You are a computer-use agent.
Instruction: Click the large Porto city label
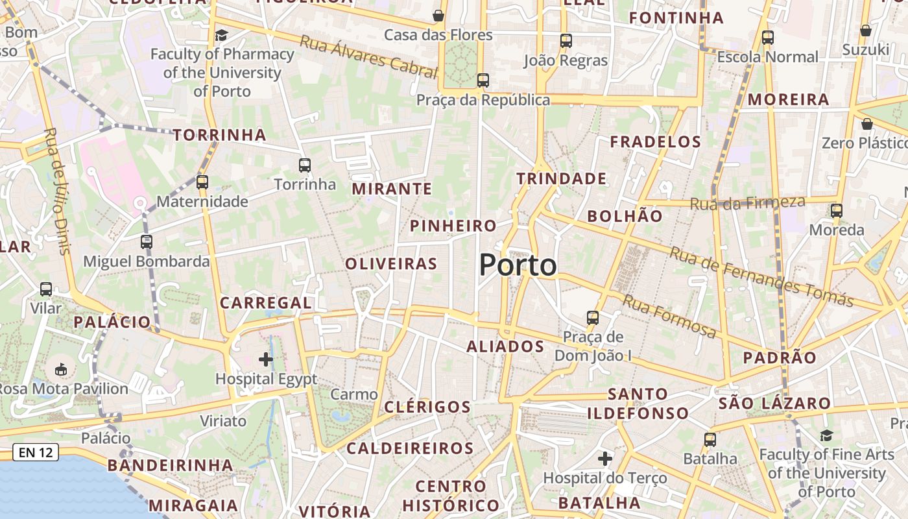click(x=518, y=265)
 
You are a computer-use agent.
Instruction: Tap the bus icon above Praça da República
click(x=483, y=80)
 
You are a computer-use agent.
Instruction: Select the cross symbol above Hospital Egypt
click(x=265, y=359)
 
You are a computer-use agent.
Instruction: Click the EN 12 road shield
click(x=36, y=452)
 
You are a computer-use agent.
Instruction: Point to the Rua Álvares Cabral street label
click(x=368, y=56)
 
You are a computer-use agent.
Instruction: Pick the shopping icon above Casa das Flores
click(x=438, y=16)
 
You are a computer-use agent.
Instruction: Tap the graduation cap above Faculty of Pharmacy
click(x=222, y=35)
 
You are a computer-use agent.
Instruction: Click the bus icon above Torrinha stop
click(x=305, y=165)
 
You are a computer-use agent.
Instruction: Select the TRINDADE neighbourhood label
click(x=562, y=178)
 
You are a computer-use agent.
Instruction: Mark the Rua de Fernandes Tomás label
click(x=761, y=276)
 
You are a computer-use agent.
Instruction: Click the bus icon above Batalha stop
click(x=710, y=440)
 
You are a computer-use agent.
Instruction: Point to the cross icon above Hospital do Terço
click(x=605, y=459)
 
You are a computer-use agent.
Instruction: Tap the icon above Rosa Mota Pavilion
click(x=60, y=369)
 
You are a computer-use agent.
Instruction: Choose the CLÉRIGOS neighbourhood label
click(x=427, y=407)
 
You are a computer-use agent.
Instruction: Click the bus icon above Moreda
click(x=837, y=211)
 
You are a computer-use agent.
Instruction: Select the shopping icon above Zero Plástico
click(x=866, y=124)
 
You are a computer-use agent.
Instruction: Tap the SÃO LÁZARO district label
click(x=774, y=404)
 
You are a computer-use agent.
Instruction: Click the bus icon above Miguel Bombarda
click(x=147, y=242)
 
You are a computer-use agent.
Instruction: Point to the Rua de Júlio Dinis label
click(x=57, y=191)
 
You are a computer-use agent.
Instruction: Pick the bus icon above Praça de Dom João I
click(x=593, y=318)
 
